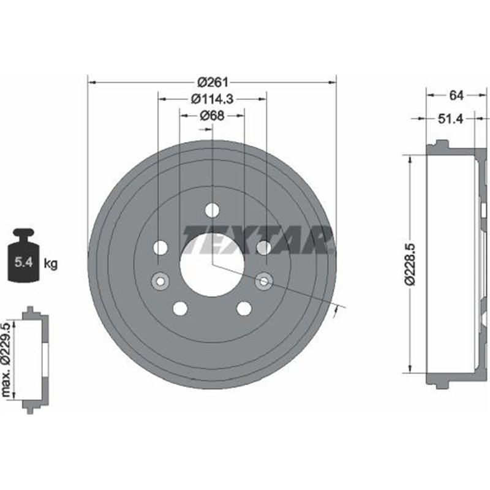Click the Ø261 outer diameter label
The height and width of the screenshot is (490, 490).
pos(212,81)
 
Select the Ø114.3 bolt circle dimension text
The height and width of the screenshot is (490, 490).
pos(212,98)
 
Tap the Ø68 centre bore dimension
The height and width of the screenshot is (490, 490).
pos(212,115)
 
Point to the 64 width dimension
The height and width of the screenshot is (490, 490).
pos(456,95)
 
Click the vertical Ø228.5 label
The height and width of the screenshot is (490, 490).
pos(412,263)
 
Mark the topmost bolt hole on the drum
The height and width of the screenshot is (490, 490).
pos(212,210)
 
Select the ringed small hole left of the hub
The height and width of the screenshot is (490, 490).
pos(160,281)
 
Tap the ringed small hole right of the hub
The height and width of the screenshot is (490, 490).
pos(264,281)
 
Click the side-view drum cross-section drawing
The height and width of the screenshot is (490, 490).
pos(452,263)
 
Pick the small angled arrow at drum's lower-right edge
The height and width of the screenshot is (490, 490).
pos(335,313)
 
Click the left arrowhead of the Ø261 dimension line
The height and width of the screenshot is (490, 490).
pos(91,81)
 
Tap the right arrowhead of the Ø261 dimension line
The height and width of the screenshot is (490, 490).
pos(333,81)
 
